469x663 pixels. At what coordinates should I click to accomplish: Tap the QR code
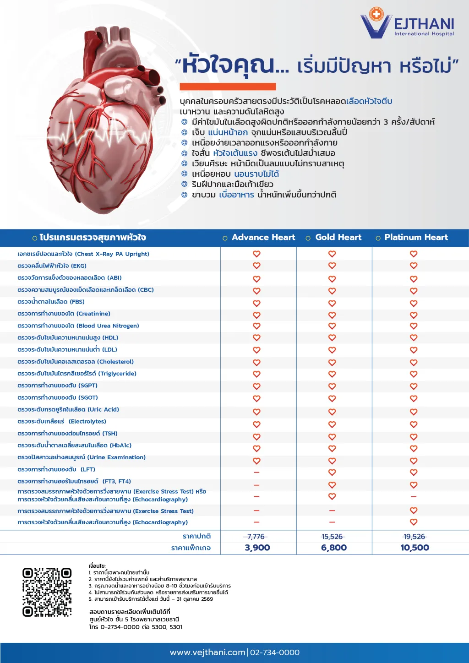click(x=47, y=592)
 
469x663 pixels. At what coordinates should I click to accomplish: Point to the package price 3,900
click(x=257, y=548)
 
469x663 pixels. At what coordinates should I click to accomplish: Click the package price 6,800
click(x=334, y=548)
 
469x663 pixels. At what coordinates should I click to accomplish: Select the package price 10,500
click(x=414, y=548)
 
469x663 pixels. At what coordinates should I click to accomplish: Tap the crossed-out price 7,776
click(x=256, y=537)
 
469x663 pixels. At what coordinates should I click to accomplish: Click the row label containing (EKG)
click(x=52, y=266)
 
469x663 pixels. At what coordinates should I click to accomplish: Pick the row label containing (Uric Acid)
click(x=68, y=409)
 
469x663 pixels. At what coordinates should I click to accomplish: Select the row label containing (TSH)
click(x=67, y=433)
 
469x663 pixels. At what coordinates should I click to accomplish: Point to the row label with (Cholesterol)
click(x=76, y=362)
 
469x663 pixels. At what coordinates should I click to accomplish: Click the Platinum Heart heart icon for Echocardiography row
click(x=414, y=522)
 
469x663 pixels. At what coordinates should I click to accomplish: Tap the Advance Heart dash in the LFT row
click(x=256, y=472)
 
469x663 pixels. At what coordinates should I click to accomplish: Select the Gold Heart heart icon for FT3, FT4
click(x=332, y=484)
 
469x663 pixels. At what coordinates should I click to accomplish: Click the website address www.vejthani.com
click(x=207, y=652)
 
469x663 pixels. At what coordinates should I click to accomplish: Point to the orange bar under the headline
click(x=228, y=87)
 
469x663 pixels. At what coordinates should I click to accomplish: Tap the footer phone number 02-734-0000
click(x=275, y=652)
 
